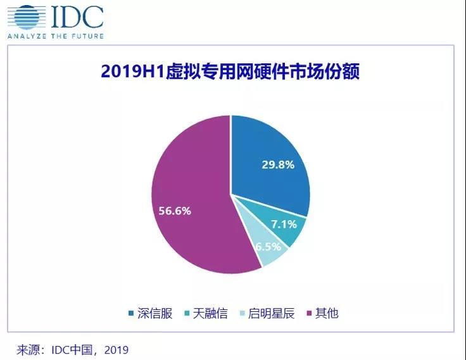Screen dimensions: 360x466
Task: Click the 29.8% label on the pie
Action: (277, 165)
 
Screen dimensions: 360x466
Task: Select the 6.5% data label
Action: (268, 246)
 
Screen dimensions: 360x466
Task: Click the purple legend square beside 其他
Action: (310, 314)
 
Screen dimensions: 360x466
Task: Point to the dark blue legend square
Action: (132, 314)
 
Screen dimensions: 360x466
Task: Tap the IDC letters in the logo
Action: (75, 17)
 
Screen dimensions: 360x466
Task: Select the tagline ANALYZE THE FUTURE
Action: (55, 36)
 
